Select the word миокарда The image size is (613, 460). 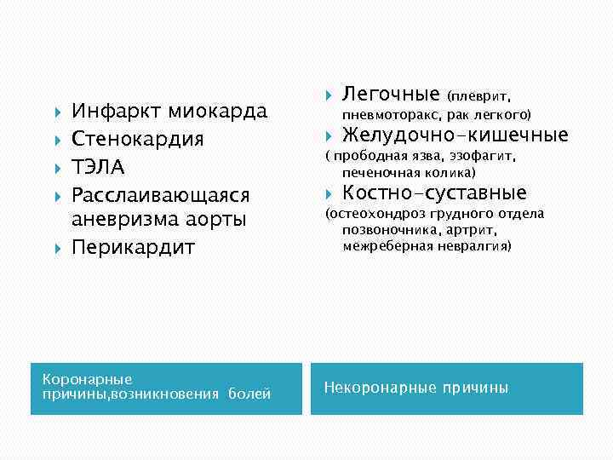pos(218,111)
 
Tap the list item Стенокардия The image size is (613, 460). pos(137,138)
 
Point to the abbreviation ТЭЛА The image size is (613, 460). pos(98,165)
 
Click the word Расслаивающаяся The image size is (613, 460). pos(160,193)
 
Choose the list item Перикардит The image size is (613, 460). pos(133,247)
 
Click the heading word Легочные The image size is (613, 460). pos(391,93)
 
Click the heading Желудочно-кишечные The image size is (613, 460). pos(455,135)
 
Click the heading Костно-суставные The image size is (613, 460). pos(434,193)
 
